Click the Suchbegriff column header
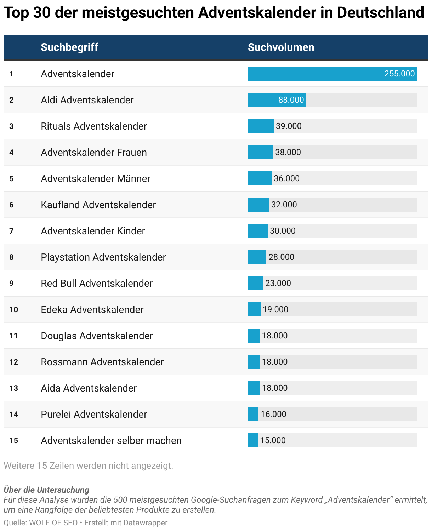69,47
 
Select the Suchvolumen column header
281,47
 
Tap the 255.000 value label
399,74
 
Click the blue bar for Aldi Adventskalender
277,100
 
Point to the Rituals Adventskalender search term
94,126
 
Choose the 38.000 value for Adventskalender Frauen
288,152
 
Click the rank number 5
11,178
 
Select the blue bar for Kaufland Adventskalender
258,205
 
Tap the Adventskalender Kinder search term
93,231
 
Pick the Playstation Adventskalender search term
103,257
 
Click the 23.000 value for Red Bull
278,283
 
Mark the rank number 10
14,310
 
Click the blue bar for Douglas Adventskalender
254,336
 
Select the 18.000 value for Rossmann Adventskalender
275,362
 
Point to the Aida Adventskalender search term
89,388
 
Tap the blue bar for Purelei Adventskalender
253,414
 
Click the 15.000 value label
273,440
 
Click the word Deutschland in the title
380,12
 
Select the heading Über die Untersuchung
46,490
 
